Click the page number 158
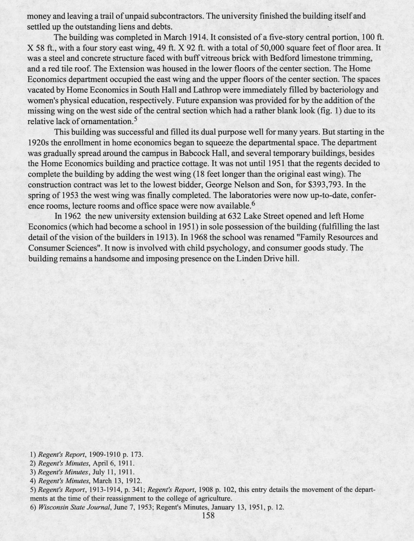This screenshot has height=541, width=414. [208, 516]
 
